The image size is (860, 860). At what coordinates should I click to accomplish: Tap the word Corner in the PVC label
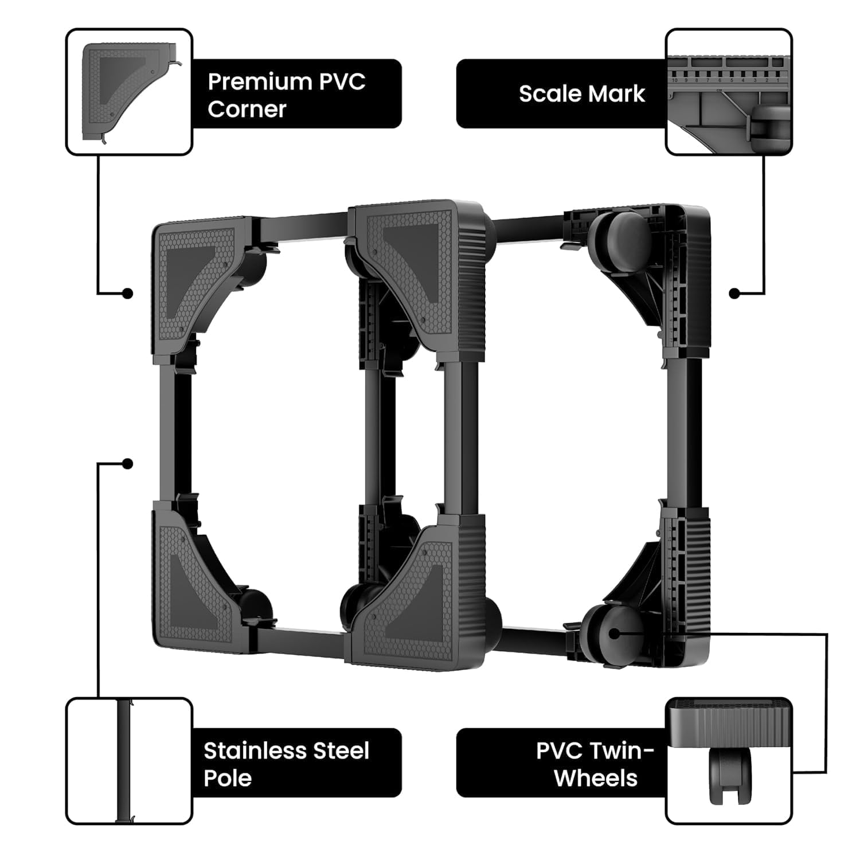tap(247, 109)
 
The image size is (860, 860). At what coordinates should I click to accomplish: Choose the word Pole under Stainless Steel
tap(228, 778)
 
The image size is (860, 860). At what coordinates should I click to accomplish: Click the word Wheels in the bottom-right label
tap(596, 778)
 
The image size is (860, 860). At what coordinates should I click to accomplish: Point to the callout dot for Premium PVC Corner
tap(128, 294)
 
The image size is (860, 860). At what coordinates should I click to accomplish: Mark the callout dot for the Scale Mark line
tap(734, 294)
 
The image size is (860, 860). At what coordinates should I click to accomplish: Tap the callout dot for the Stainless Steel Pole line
tap(128, 463)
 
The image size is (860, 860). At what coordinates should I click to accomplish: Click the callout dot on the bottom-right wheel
tap(615, 634)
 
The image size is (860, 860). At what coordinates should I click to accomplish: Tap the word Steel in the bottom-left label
tap(337, 750)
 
